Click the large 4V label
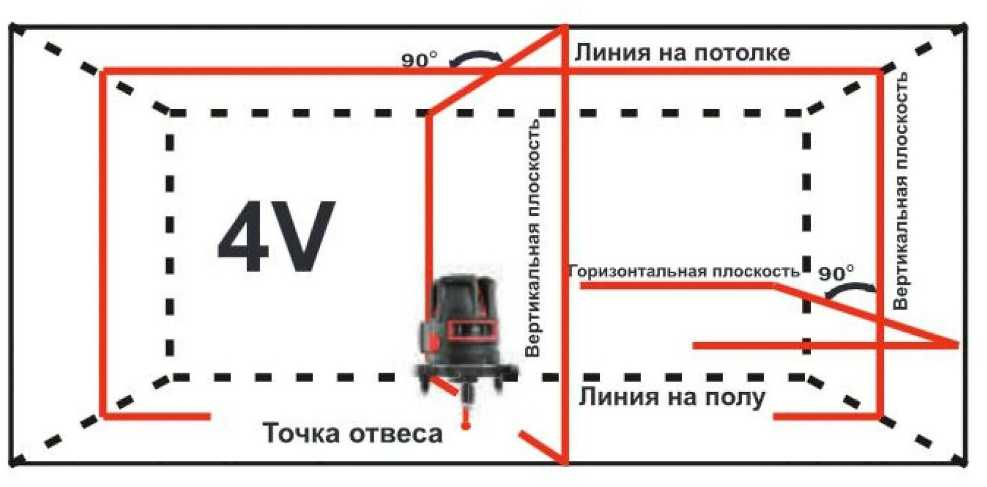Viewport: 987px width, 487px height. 276,237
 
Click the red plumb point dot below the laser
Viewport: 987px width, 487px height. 466,427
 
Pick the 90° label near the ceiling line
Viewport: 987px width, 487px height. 419,60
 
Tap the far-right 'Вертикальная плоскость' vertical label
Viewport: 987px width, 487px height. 900,192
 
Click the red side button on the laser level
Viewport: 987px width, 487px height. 432,342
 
